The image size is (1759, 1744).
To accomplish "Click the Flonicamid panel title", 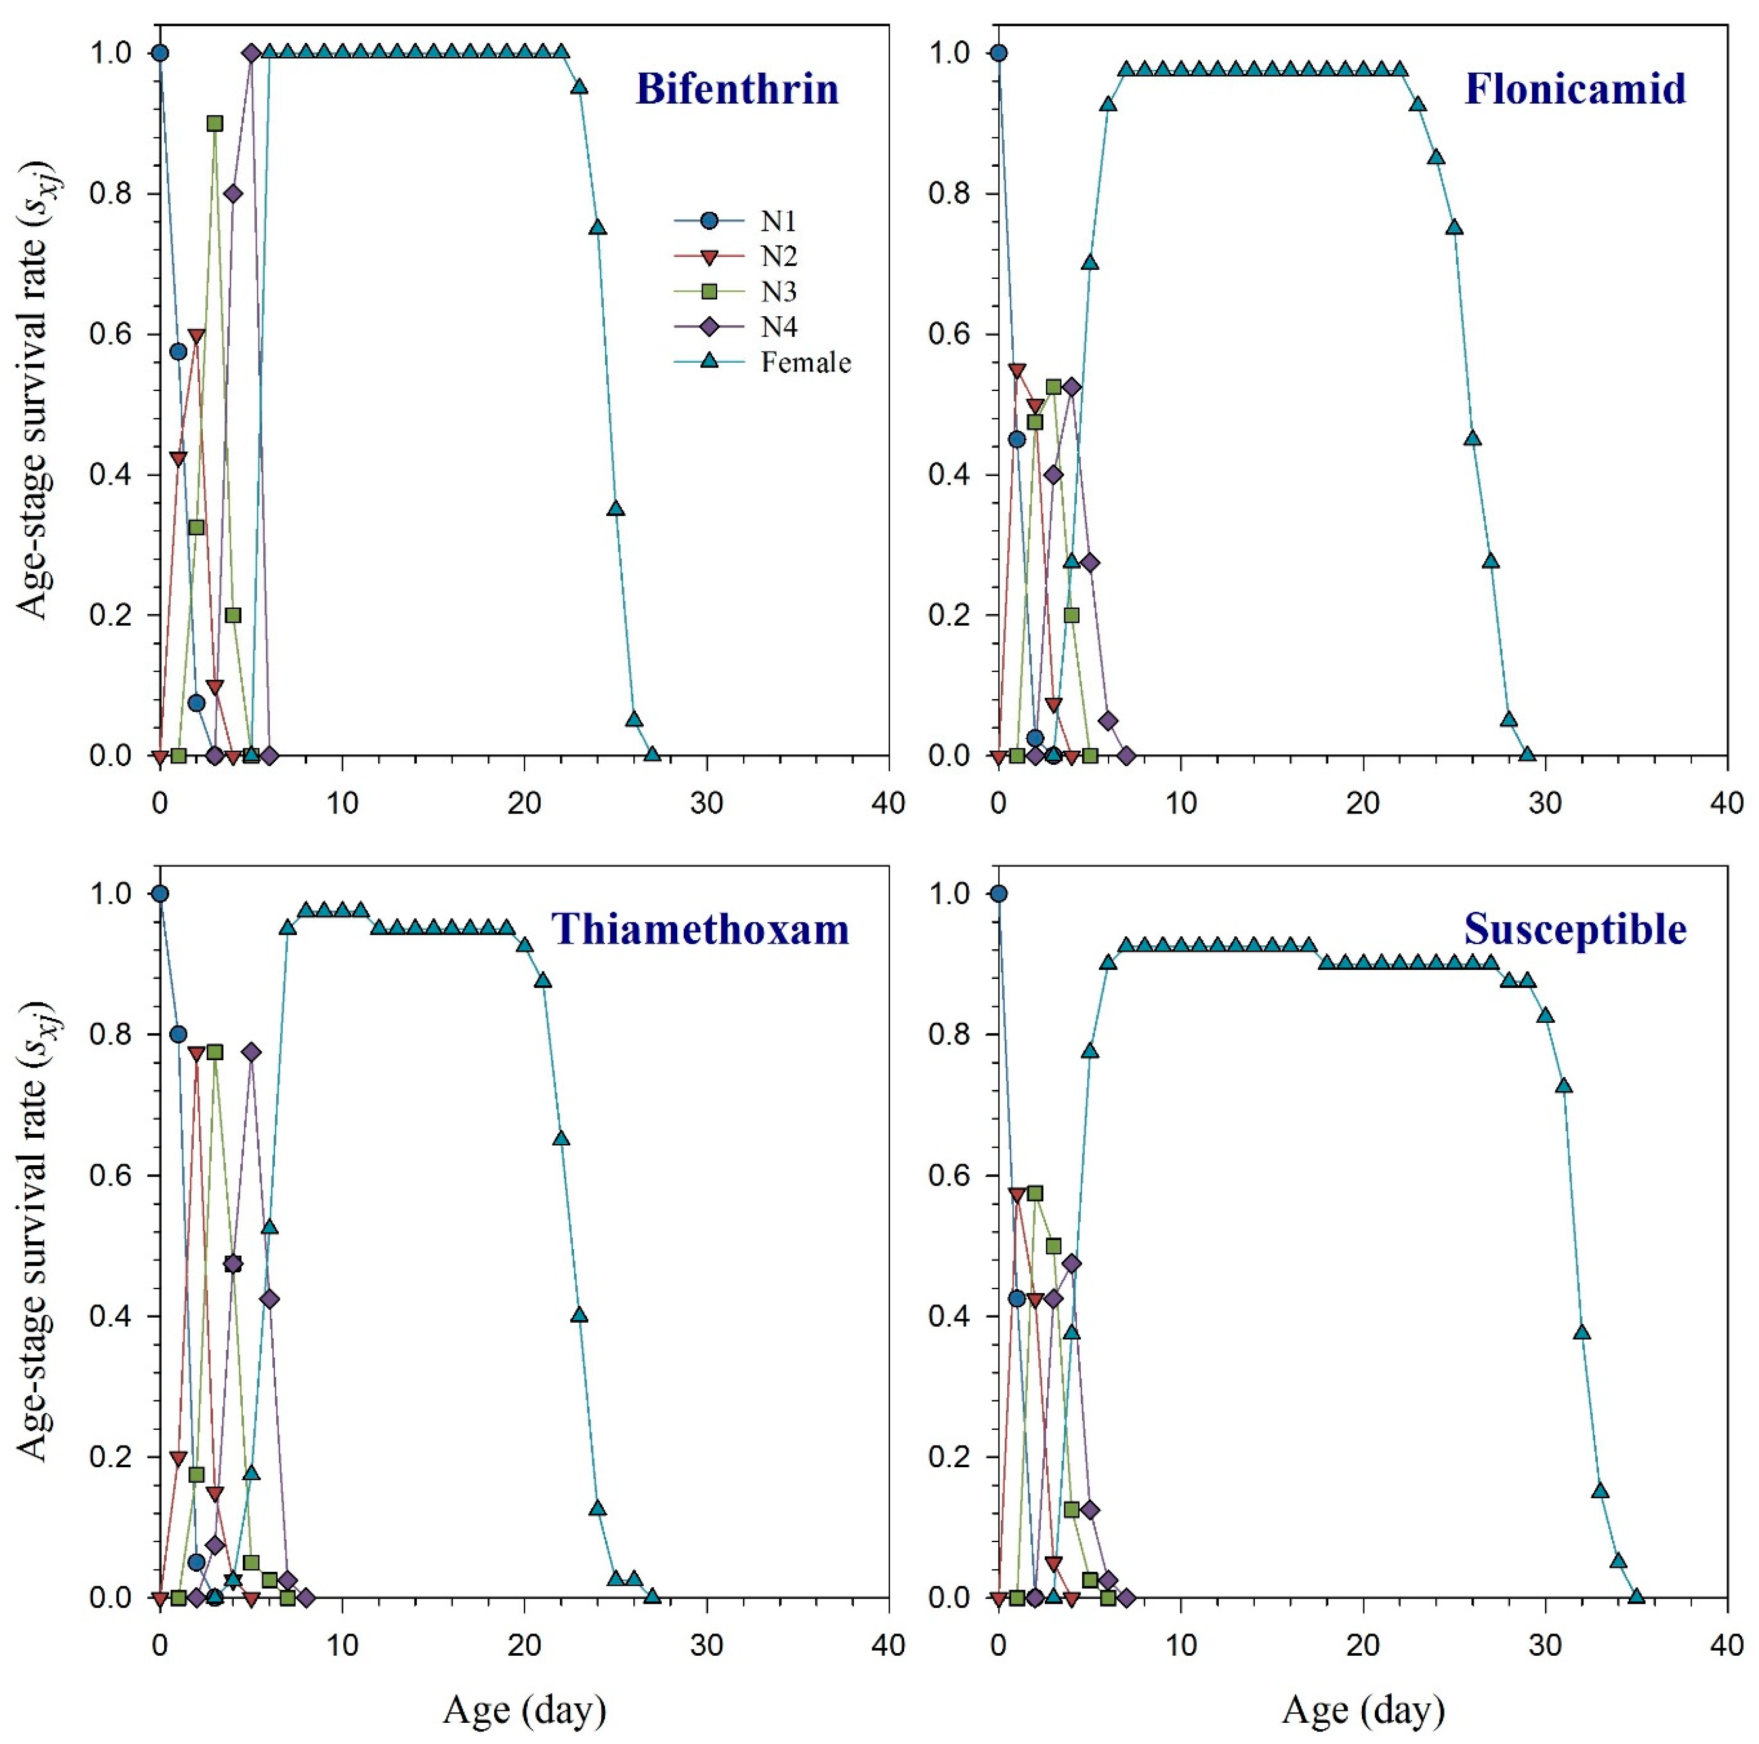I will [1575, 89].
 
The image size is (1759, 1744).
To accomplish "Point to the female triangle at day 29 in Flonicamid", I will [1527, 754].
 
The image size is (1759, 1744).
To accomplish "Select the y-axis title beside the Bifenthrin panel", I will [35, 405].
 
